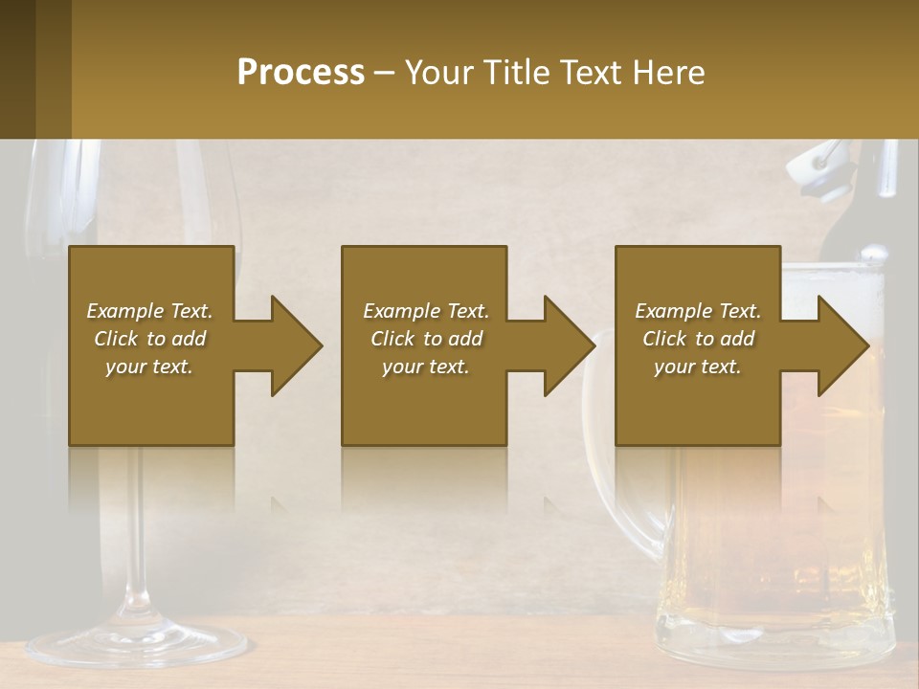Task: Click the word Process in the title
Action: tap(301, 73)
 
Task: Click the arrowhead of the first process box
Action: tap(292, 345)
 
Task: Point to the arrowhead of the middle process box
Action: tap(565, 345)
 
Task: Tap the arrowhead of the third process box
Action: tap(839, 345)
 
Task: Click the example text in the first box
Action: tap(149, 339)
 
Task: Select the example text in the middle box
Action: tap(425, 339)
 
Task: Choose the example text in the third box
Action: tap(698, 339)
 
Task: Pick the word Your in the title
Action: tap(439, 73)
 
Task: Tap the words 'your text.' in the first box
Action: tap(149, 367)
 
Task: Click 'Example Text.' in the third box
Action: tap(698, 311)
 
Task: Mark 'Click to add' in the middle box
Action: tap(425, 339)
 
